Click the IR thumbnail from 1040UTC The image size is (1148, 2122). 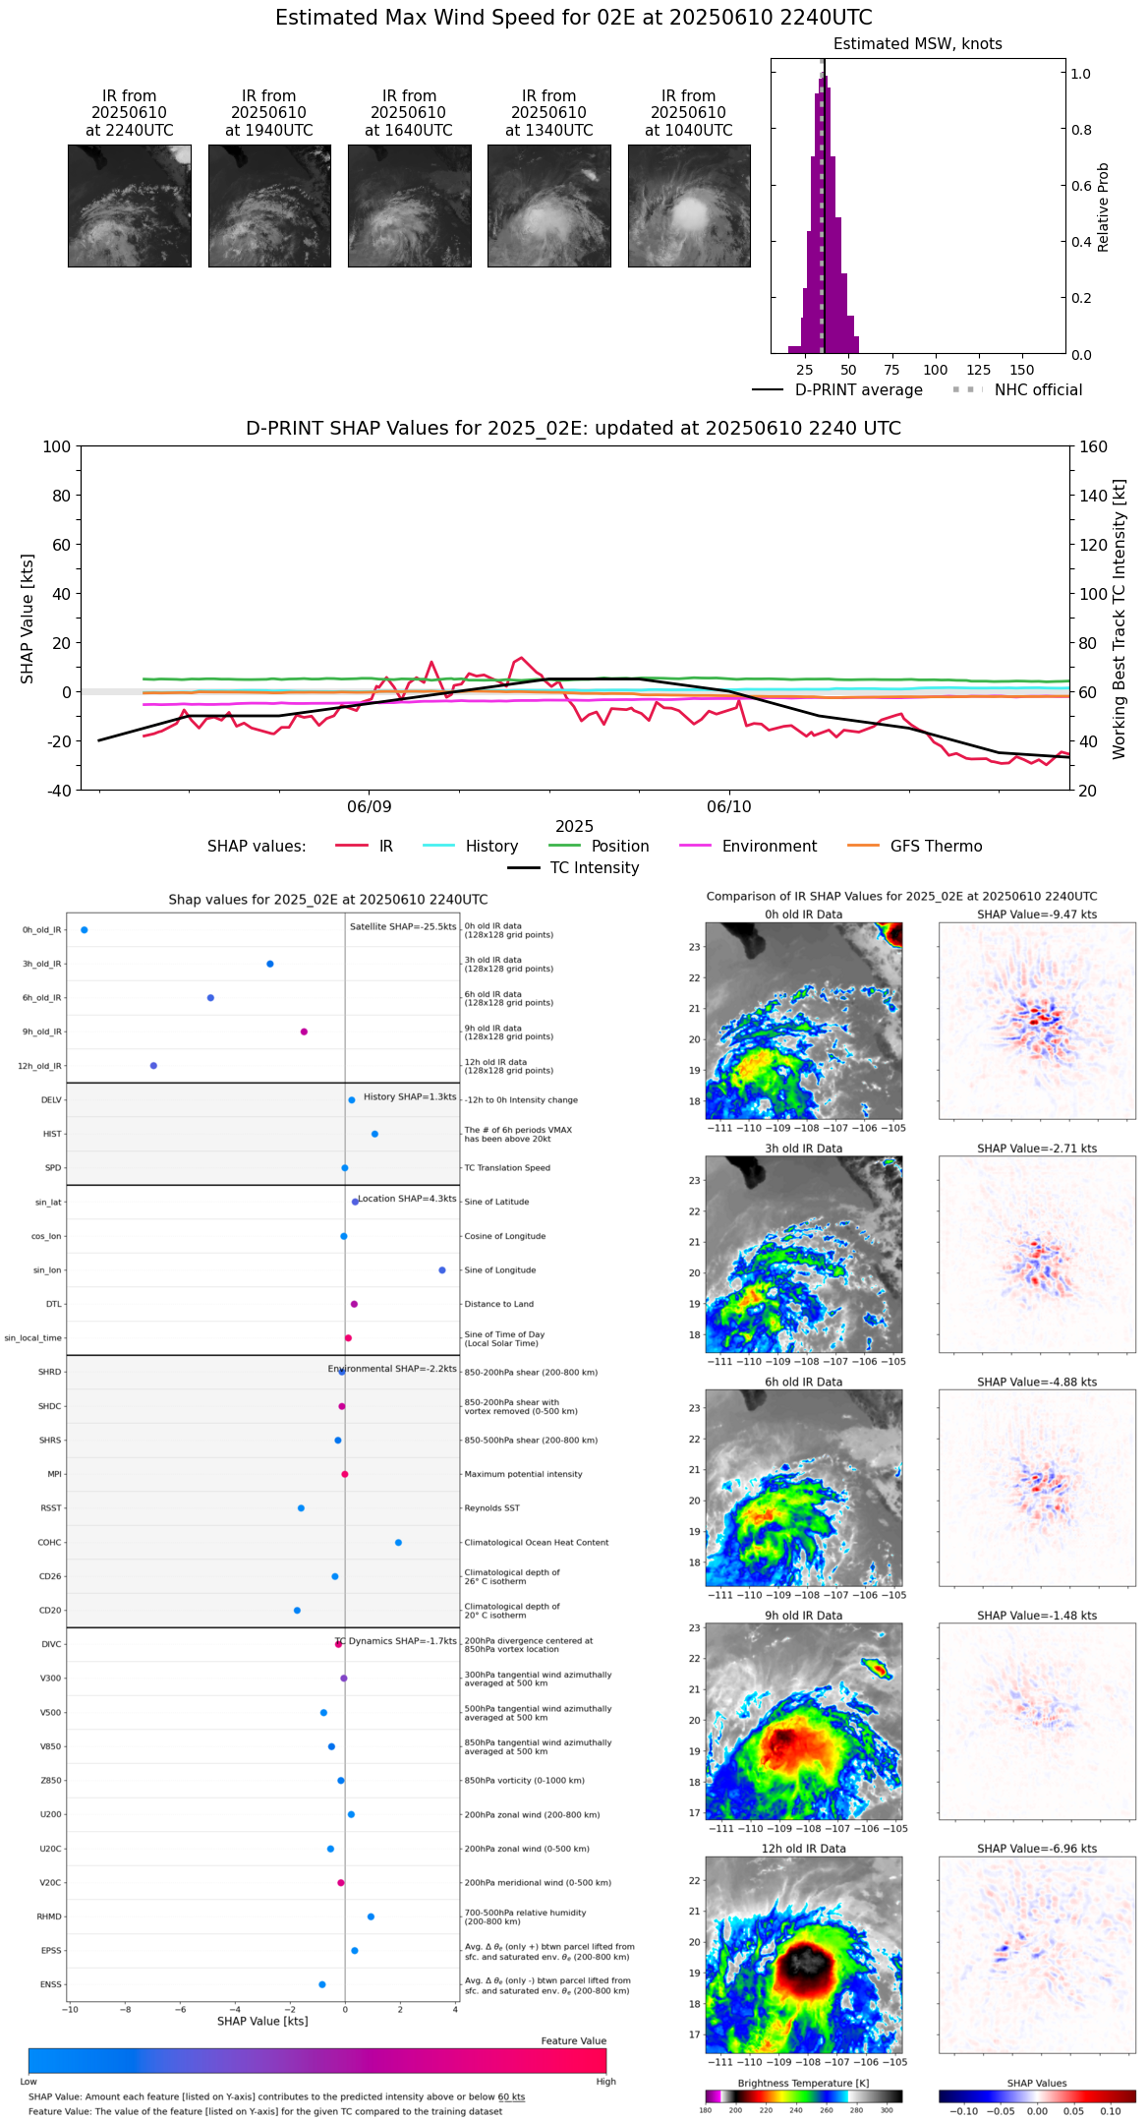(x=689, y=206)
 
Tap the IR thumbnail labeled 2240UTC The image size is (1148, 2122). (x=130, y=206)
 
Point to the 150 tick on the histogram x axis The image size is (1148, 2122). (x=1022, y=370)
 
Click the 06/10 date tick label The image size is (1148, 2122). (x=728, y=807)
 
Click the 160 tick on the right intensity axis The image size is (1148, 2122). (x=1093, y=446)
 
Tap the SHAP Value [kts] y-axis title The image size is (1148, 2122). (x=28, y=619)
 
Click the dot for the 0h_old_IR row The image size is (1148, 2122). (x=85, y=930)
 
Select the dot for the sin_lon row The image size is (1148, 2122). (x=442, y=1270)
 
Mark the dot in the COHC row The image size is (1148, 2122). (x=398, y=1543)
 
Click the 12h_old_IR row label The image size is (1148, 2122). (x=39, y=1066)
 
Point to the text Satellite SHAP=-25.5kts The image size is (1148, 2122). (x=403, y=927)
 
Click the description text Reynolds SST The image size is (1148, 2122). (x=491, y=1508)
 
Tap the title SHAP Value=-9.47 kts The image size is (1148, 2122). (x=1037, y=914)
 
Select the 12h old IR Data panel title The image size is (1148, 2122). (x=803, y=1849)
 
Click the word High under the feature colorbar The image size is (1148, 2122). (x=605, y=2082)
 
